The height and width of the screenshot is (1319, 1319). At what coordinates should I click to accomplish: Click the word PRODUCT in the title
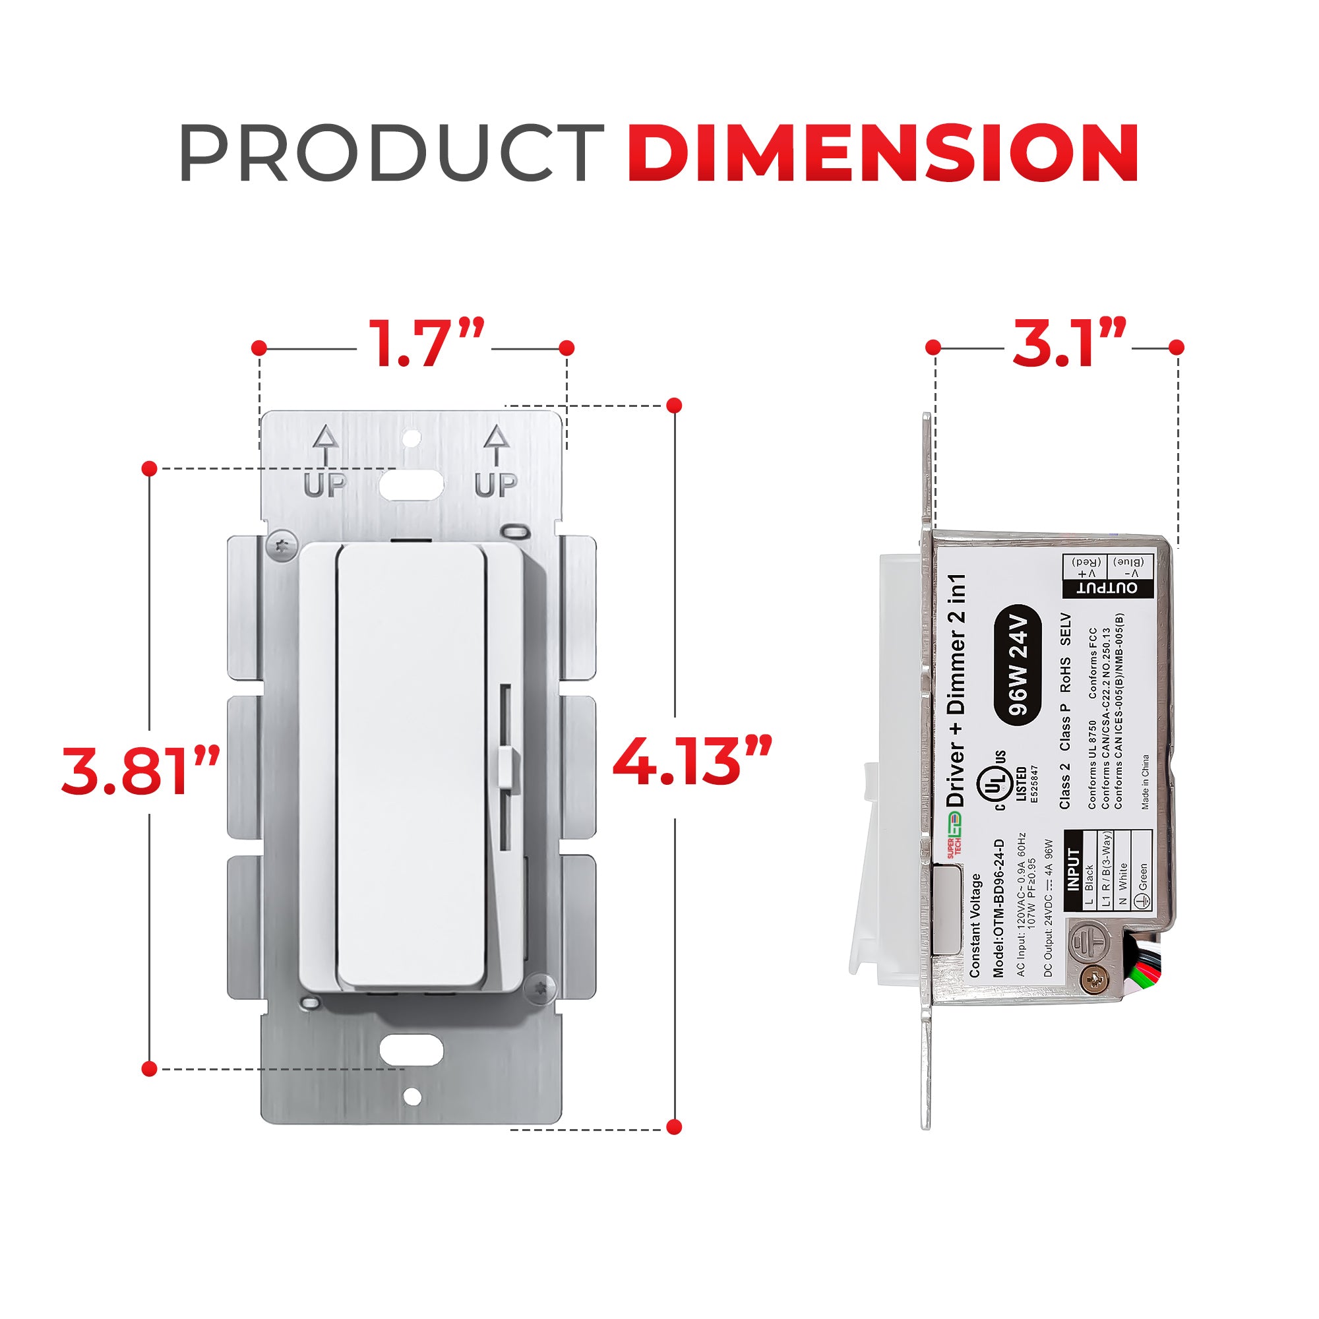pyautogui.click(x=390, y=153)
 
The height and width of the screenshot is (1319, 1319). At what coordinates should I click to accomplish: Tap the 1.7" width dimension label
pyautogui.click(x=426, y=344)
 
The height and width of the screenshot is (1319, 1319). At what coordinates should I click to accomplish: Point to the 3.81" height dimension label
pyautogui.click(x=140, y=771)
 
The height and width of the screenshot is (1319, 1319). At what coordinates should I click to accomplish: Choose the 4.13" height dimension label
pyautogui.click(x=692, y=760)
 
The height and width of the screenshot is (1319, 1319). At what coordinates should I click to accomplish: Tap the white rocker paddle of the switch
pyautogui.click(x=412, y=764)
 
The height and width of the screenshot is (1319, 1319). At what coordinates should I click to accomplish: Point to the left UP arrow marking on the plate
pyautogui.click(x=325, y=462)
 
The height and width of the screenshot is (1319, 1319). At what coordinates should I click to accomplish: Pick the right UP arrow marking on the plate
pyautogui.click(x=497, y=462)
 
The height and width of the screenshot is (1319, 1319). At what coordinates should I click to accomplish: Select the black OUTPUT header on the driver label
pyautogui.click(x=1107, y=588)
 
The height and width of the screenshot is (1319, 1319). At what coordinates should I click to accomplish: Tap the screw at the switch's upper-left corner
pyautogui.click(x=282, y=545)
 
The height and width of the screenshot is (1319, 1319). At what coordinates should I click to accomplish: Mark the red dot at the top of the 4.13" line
pyautogui.click(x=675, y=406)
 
